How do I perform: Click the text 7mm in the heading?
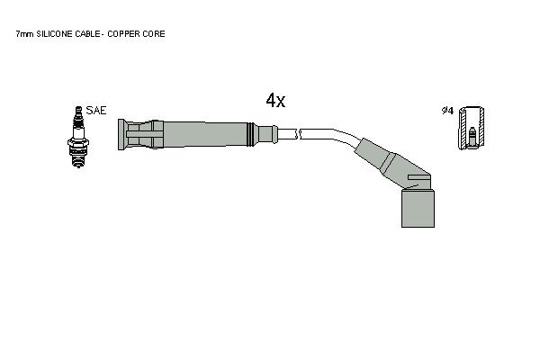coord(24,34)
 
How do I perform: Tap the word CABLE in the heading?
coord(87,34)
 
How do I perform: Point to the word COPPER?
coord(123,34)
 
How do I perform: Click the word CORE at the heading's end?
coord(153,34)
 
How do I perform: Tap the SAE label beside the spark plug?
coord(96,111)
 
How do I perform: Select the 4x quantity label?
coord(275,100)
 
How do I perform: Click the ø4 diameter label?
coord(447,111)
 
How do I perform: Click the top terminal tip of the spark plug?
coord(78,107)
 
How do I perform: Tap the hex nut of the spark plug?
coord(78,142)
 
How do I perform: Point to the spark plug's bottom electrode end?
coord(78,166)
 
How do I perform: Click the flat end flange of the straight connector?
coord(121,135)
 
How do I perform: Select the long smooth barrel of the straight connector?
coord(205,134)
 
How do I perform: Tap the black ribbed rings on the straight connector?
coord(251,134)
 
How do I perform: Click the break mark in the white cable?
coord(298,134)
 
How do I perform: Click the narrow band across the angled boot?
coord(388,165)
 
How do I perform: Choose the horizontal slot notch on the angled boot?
coord(418,177)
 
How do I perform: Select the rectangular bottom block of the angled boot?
coord(418,208)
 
